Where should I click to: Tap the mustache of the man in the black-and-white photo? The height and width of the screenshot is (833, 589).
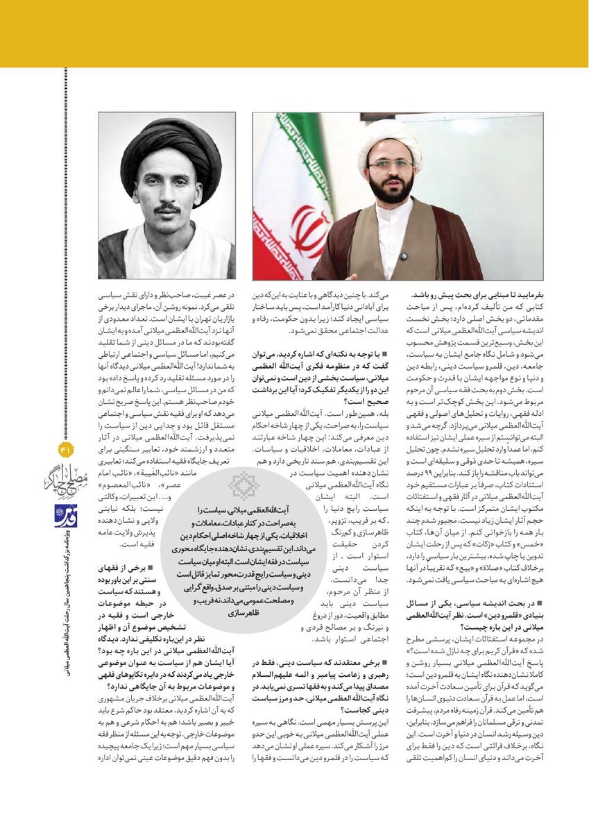point(168,209)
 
